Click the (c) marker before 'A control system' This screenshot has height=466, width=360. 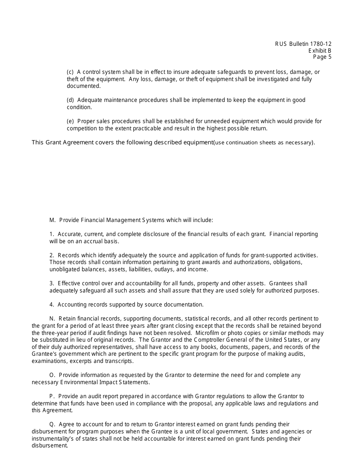coord(70,72)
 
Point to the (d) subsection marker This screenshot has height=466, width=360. coord(70,100)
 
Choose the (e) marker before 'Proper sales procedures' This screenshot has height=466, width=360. coord(70,122)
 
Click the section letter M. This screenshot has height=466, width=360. coord(52,220)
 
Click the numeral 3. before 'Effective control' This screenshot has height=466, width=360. coord(52,284)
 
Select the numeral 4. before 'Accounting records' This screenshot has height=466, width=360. coord(52,305)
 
